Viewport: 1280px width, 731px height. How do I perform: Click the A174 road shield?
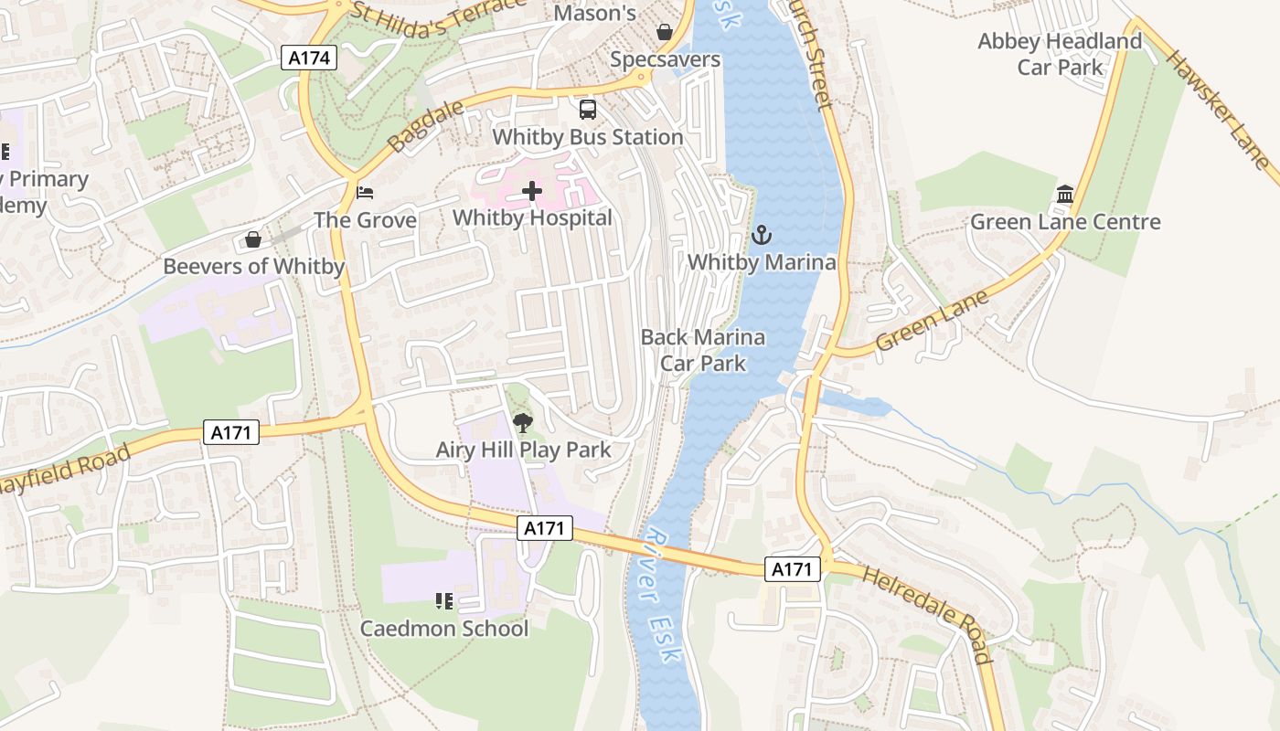(x=309, y=58)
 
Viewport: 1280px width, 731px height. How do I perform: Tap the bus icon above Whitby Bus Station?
(x=588, y=110)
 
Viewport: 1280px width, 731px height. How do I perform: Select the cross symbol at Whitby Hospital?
(x=532, y=191)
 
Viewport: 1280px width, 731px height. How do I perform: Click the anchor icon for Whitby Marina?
(x=761, y=236)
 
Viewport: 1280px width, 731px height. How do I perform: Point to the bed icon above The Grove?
(x=365, y=193)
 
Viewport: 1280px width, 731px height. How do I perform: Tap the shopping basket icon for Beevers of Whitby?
(x=253, y=239)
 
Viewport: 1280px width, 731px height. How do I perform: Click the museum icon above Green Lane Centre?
(x=1064, y=195)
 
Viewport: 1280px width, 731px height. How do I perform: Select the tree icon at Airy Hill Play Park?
(x=523, y=422)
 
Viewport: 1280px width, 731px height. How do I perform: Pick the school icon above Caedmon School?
(x=444, y=601)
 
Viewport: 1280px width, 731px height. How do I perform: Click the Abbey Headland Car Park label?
(x=1060, y=54)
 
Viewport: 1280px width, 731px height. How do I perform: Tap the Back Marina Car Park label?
(x=702, y=350)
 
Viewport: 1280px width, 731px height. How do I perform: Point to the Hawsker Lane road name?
(x=1219, y=107)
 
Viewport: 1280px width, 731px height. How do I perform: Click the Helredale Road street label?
(x=927, y=615)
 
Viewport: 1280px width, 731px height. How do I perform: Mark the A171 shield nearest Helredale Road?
(x=792, y=569)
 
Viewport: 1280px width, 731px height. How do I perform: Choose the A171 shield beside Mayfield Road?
(x=230, y=432)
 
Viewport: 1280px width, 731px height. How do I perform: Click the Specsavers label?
(x=665, y=60)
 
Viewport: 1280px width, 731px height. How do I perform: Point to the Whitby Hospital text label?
(x=532, y=217)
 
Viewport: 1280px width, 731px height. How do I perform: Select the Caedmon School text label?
(x=443, y=629)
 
